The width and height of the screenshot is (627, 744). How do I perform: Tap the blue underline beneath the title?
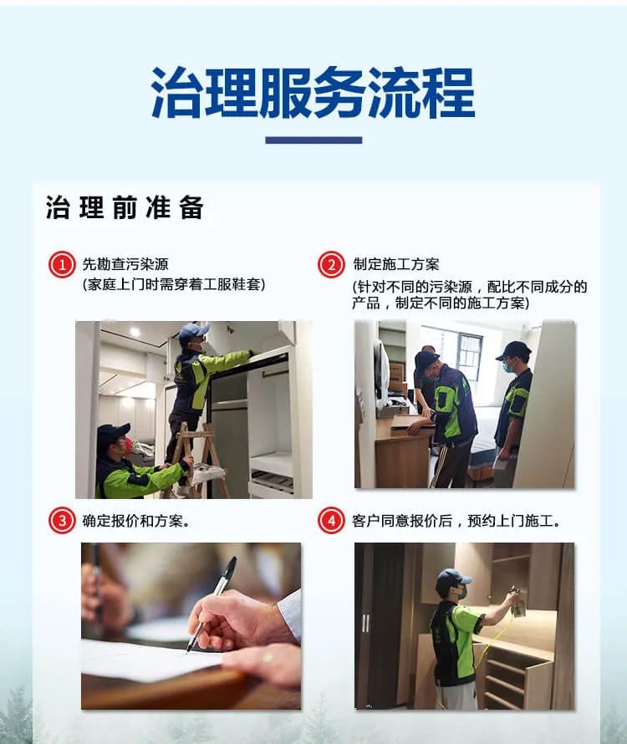(313, 140)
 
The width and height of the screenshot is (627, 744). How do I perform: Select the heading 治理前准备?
(125, 208)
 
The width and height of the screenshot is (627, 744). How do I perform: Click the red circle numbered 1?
(61, 265)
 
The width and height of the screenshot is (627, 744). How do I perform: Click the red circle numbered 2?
(331, 265)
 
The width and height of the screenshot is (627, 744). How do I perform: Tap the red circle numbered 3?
(61, 521)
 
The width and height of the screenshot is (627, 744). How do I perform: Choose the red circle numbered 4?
(331, 521)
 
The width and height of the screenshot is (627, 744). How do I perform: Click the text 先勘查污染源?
(130, 265)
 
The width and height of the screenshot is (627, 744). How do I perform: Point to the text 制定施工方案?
(395, 265)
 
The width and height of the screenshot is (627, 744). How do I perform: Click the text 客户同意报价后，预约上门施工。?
(456, 521)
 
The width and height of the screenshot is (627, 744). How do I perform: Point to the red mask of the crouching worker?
(126, 446)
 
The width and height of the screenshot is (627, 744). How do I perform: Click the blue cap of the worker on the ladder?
(192, 331)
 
